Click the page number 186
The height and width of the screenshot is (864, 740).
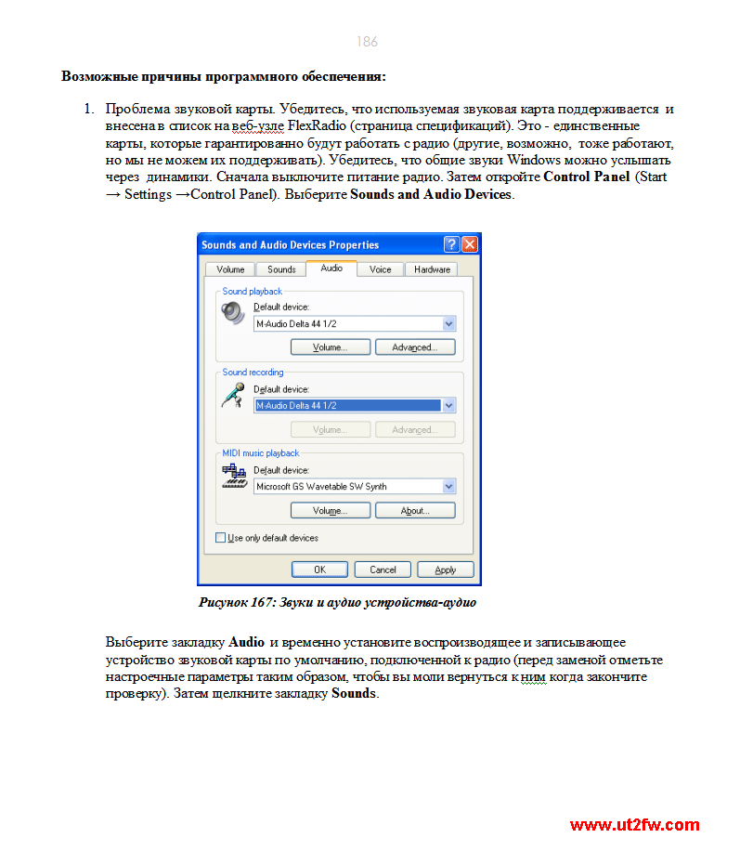click(x=367, y=42)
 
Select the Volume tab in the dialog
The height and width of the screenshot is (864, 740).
click(x=230, y=269)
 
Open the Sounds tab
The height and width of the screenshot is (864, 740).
click(x=281, y=269)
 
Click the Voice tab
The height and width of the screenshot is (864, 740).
click(x=381, y=269)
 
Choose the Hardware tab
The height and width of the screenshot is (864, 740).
click(x=432, y=269)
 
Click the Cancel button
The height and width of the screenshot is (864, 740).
click(x=383, y=569)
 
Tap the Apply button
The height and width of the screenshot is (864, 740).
click(x=446, y=569)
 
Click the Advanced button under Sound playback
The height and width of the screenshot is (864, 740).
click(x=413, y=347)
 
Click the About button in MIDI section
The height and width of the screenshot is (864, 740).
click(x=413, y=511)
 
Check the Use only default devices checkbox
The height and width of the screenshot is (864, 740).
click(x=221, y=538)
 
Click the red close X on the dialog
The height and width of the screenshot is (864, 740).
click(x=469, y=244)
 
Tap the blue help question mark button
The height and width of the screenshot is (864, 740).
click(x=451, y=244)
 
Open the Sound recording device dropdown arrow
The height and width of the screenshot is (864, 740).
click(x=449, y=406)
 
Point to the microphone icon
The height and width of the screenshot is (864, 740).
click(x=231, y=396)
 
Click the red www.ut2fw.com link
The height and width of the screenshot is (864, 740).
click(x=634, y=825)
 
